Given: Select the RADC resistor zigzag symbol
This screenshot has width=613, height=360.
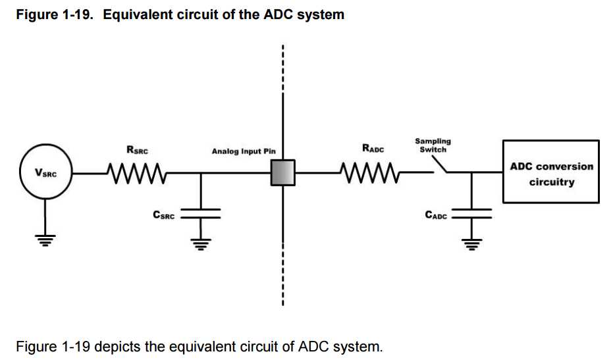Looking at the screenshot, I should (x=369, y=174).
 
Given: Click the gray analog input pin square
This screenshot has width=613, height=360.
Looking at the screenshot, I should (x=283, y=174).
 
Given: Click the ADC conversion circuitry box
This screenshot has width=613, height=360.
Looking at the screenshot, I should (x=551, y=171).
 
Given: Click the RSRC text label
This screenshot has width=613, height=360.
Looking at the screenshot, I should (x=137, y=150).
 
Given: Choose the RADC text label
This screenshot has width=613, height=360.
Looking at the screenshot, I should (x=373, y=149).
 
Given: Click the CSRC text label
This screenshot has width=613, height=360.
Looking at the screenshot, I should (x=163, y=215).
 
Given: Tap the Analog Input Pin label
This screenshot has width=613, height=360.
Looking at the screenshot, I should (x=243, y=151).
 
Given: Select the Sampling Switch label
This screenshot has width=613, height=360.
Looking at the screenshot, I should (x=433, y=145).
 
